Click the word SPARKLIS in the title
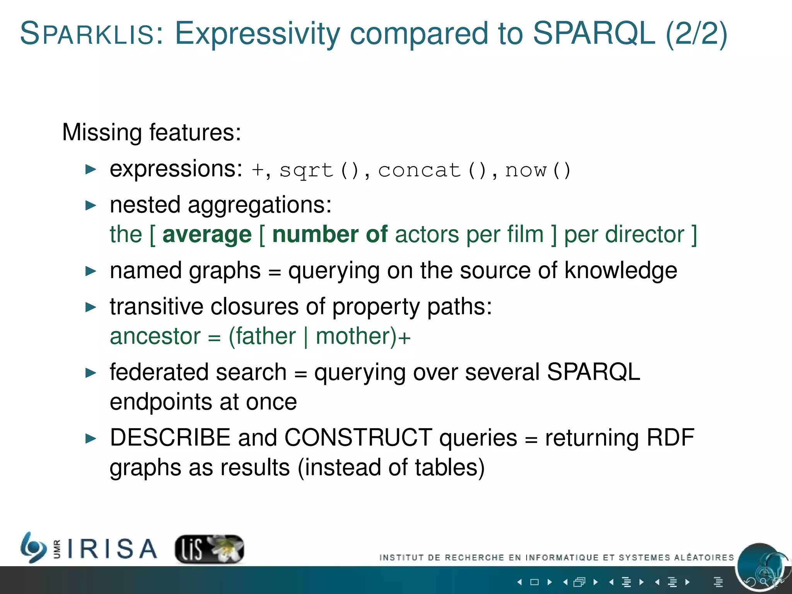click(87, 34)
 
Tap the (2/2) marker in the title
click(696, 34)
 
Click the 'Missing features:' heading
click(152, 132)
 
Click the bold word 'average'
click(207, 234)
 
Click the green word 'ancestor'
click(155, 336)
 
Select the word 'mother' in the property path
click(356, 336)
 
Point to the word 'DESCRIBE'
click(170, 438)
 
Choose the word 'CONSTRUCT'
click(358, 438)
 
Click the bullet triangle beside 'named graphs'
click(91, 271)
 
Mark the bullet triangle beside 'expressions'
click(91, 169)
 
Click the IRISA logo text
click(112, 549)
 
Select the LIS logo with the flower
click(209, 549)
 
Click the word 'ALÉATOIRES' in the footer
click(704, 557)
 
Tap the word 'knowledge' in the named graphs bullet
click(621, 270)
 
